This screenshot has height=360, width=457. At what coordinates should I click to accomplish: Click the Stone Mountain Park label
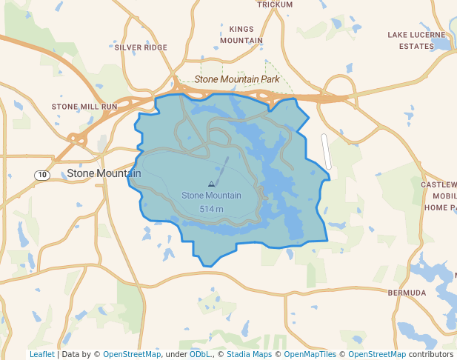[237, 79]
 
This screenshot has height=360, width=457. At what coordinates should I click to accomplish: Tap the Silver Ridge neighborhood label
[141, 47]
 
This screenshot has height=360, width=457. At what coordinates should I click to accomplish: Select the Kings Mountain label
[241, 35]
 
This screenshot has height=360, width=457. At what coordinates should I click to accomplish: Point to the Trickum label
[275, 4]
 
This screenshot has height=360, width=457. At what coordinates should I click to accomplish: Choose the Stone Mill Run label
[84, 107]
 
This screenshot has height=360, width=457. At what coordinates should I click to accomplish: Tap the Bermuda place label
[407, 293]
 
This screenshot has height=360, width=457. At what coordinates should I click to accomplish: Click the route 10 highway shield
[42, 175]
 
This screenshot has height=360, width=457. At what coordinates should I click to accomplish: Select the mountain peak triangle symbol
[211, 183]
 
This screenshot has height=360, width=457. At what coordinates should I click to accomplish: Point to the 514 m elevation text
[211, 209]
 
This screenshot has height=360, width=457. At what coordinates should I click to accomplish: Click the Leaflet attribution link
[41, 354]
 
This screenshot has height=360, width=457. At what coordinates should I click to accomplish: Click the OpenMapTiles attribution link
[310, 354]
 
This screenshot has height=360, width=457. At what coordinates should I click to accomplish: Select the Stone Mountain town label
[104, 173]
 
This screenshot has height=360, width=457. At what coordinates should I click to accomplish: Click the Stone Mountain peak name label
[211, 196]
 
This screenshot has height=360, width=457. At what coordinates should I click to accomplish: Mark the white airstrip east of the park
[326, 150]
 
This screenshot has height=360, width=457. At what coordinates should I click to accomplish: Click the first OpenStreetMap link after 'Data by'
[131, 354]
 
